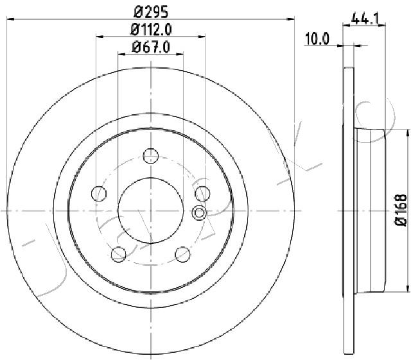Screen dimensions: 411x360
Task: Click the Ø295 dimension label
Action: coord(151,12)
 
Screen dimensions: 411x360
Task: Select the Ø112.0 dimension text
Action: coord(151,30)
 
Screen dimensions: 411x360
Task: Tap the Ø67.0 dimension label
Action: coord(151,47)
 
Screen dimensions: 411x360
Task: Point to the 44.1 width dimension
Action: coord(365,19)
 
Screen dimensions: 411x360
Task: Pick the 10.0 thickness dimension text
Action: coord(317,39)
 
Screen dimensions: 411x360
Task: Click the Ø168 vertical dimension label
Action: coord(401,210)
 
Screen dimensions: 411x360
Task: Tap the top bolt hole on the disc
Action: coord(151,156)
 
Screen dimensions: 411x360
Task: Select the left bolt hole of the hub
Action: coord(99,194)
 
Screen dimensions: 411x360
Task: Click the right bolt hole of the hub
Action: coord(203,194)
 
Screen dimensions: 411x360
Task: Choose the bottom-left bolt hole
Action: coord(119,254)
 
